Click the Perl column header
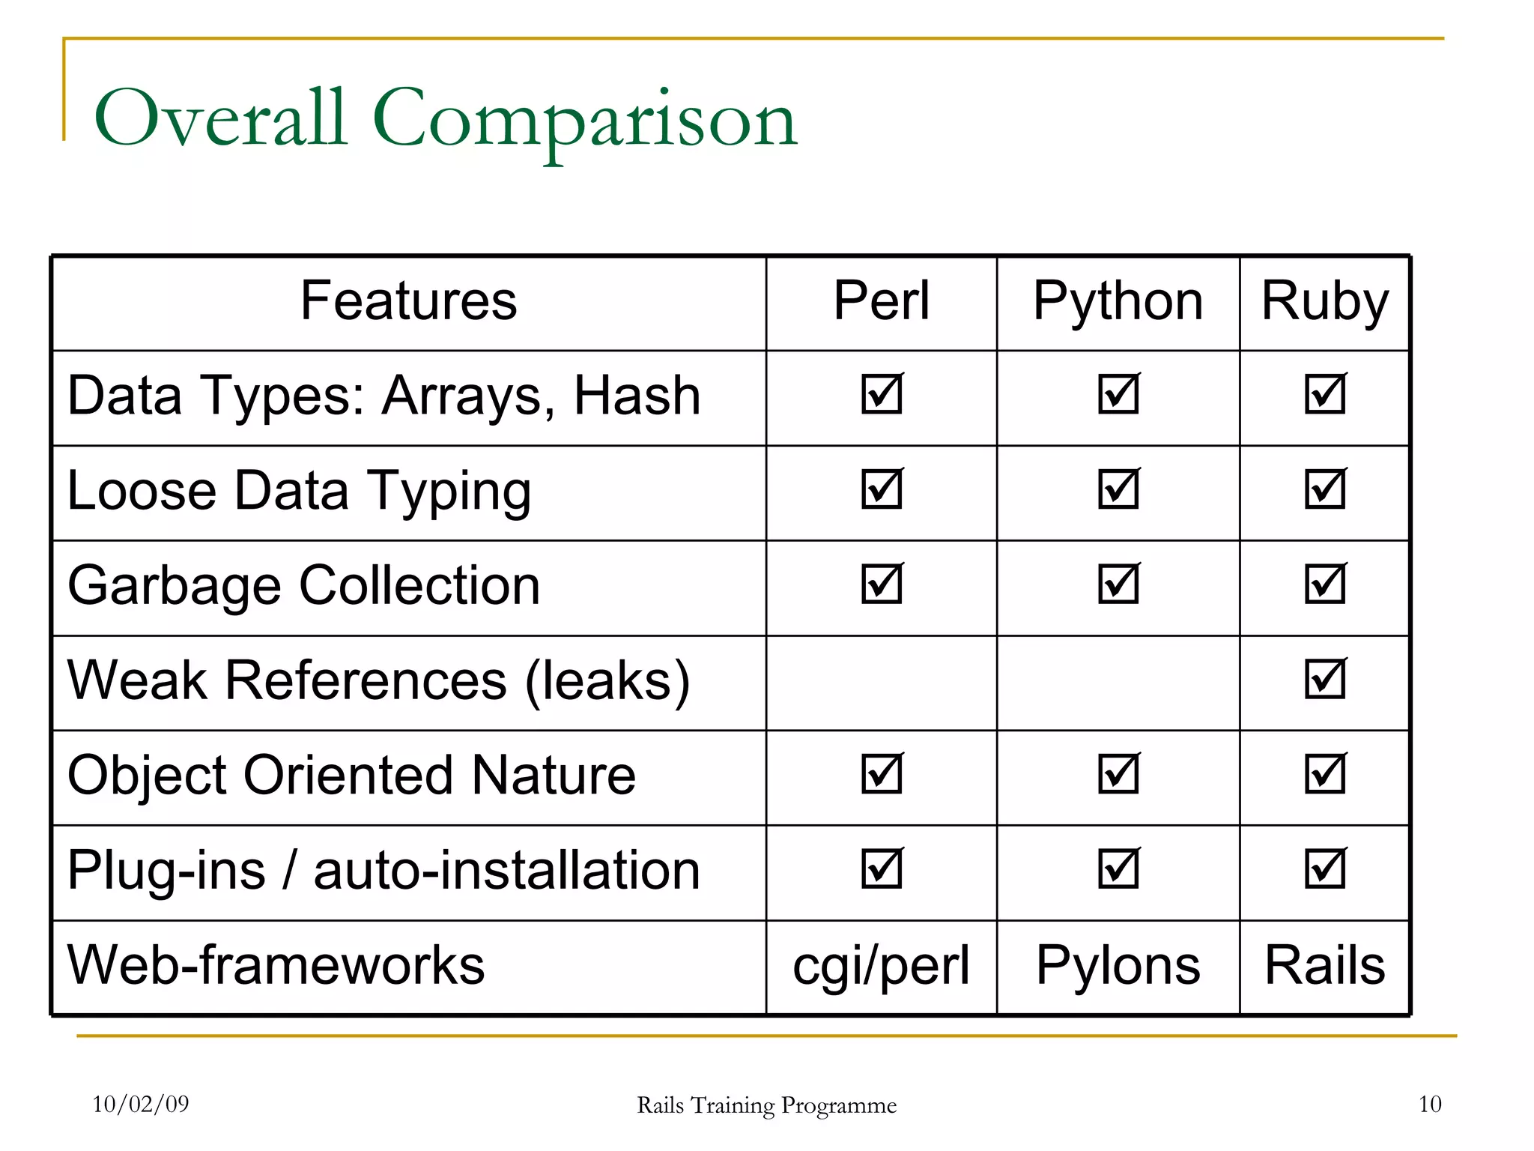click(x=881, y=301)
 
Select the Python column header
click(x=1118, y=301)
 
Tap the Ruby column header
click(x=1324, y=301)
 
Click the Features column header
click(x=408, y=301)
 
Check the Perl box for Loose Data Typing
click(x=882, y=489)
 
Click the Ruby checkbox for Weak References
click(x=1325, y=679)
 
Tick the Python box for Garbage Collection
click(x=1118, y=584)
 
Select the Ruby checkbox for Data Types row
click(x=1325, y=394)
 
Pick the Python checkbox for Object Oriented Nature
click(x=1118, y=774)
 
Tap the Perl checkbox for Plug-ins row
click(x=882, y=869)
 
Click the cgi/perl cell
click(x=881, y=965)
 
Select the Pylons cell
click(x=1118, y=965)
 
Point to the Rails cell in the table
click(x=1324, y=965)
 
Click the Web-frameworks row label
click(x=276, y=965)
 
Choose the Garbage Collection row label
click(x=303, y=586)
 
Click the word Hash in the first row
click(x=637, y=396)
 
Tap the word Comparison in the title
click(x=584, y=120)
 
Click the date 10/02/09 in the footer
click(x=141, y=1104)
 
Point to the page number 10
click(x=1429, y=1104)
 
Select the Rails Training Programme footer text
click(x=766, y=1105)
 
